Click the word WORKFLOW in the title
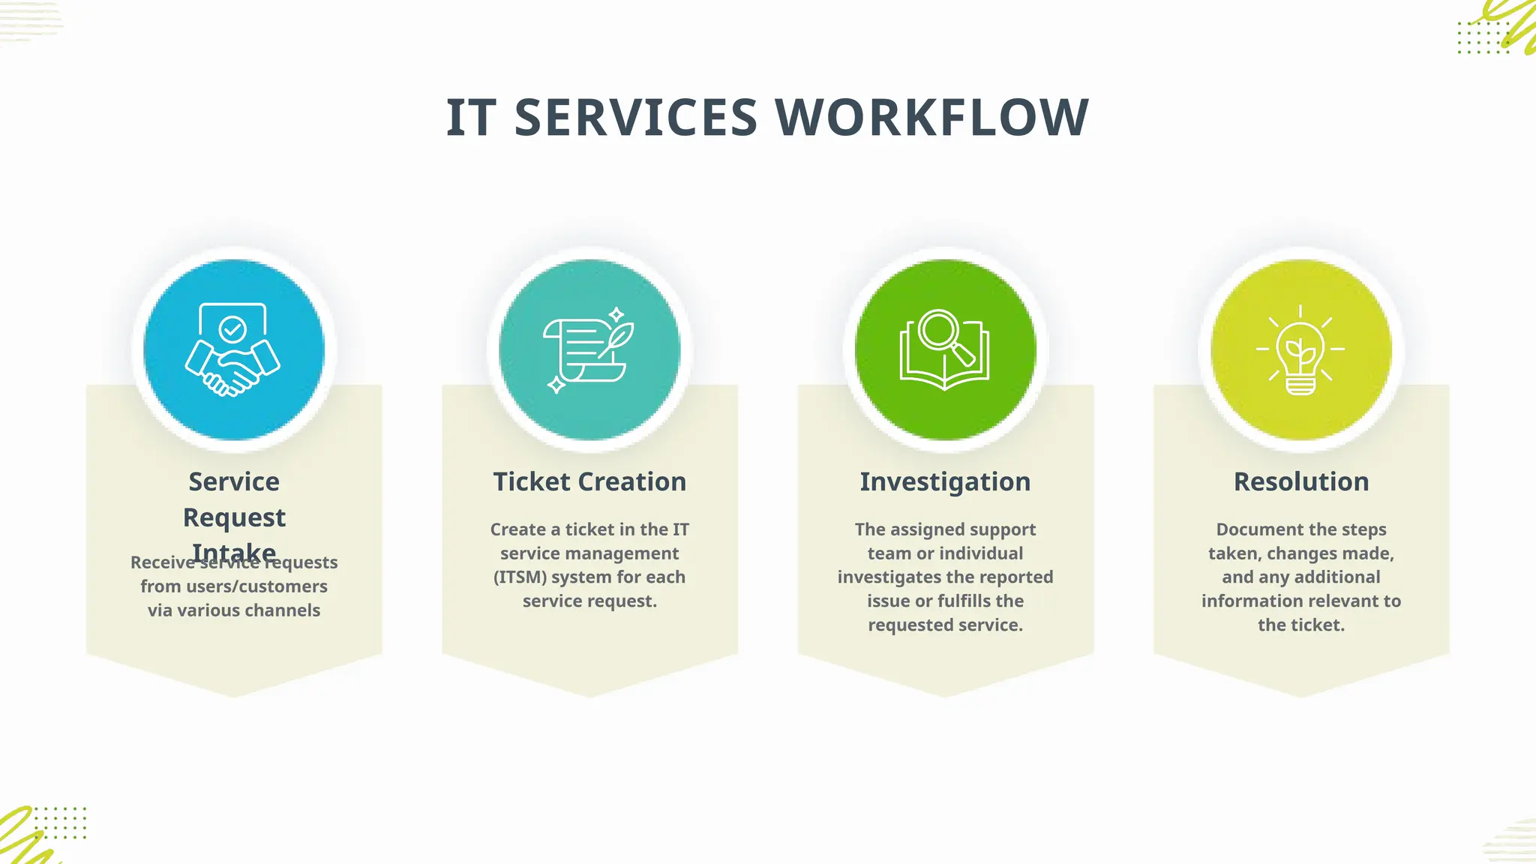pos(931,118)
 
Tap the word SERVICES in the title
pos(636,118)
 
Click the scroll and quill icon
pos(589,349)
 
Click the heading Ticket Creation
pos(589,481)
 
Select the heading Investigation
pos(945,481)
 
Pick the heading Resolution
pos(1301,481)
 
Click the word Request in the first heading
pos(234,517)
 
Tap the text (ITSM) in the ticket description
pos(520,577)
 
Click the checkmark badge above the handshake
pos(232,328)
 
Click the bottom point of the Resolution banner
pos(1301,694)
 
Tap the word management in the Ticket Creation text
pos(589,553)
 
